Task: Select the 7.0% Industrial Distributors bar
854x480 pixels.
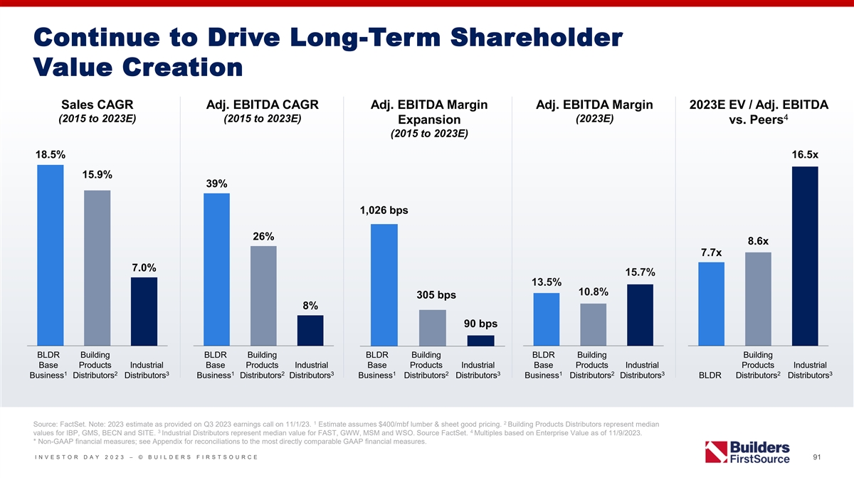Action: (x=144, y=311)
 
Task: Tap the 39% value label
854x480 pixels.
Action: (x=216, y=183)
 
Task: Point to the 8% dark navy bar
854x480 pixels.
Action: (x=310, y=330)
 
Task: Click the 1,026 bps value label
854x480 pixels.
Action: (x=384, y=210)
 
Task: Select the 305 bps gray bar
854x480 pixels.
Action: (x=433, y=327)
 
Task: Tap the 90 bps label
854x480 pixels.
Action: (x=480, y=324)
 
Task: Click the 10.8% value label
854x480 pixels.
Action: (x=593, y=292)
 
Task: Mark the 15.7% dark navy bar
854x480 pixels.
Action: (x=640, y=314)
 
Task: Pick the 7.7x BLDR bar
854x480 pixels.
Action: (x=712, y=304)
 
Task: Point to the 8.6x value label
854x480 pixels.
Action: (x=758, y=240)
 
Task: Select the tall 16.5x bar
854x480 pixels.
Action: (x=805, y=255)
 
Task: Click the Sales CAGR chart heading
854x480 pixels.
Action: (x=97, y=105)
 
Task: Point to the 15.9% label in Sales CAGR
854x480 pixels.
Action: (x=97, y=175)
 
